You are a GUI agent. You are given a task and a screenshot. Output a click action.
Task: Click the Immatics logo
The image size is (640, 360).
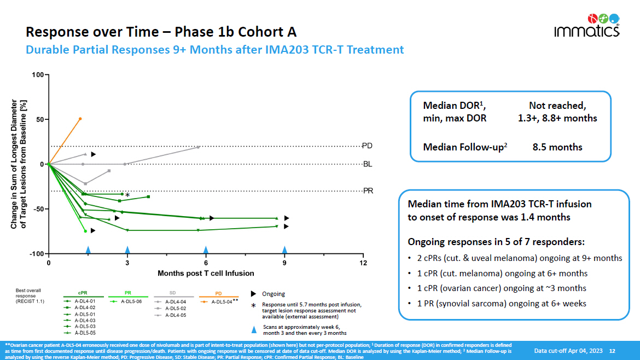coord(586,25)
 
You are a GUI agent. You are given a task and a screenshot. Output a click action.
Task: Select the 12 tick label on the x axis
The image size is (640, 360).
coord(363,263)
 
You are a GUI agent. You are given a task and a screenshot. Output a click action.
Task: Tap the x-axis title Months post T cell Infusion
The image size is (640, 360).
coord(206,273)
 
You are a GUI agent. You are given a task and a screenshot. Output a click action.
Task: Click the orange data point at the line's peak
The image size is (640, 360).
coord(80,119)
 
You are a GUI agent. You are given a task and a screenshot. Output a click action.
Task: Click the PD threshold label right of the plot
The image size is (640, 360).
coord(368,146)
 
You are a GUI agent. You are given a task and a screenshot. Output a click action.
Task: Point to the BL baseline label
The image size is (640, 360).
coord(368,164)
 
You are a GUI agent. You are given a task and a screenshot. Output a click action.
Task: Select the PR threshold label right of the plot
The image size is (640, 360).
coord(368,190)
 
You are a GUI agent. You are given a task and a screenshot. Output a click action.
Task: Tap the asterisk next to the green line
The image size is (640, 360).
coord(127,195)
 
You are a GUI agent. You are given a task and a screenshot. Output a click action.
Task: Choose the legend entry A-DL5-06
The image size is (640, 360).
coord(131,301)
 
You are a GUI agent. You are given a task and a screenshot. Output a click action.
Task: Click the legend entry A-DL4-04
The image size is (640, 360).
coord(177,301)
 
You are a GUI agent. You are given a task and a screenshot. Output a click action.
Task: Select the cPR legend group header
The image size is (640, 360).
coord(83,293)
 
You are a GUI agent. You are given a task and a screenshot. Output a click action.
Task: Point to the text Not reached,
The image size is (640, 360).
coord(557,106)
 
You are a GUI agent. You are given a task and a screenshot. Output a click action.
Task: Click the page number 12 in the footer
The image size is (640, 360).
coord(612,350)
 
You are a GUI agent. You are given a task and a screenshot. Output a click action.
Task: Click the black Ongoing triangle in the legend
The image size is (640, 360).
coord(254,294)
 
